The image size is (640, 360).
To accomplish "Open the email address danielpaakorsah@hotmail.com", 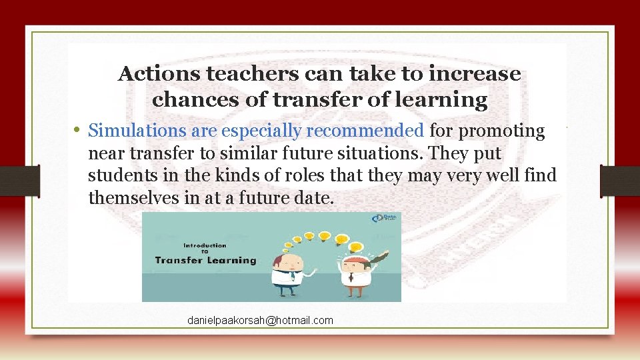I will (260, 321).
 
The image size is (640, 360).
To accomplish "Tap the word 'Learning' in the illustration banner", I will (230, 260).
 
